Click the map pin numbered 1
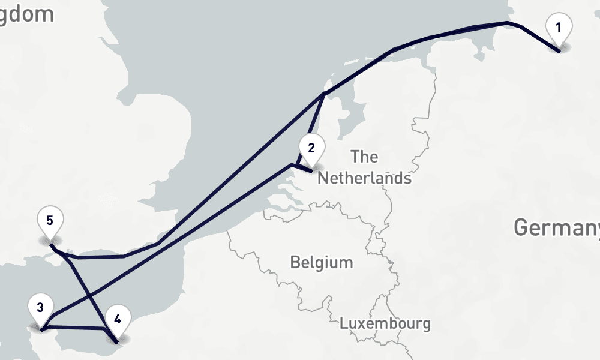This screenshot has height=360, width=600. click(559, 29)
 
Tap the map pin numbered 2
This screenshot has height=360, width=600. click(311, 149)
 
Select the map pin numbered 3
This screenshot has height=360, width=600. click(40, 310)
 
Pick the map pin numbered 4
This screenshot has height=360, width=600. click(117, 320)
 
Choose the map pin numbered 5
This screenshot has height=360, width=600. click(50, 221)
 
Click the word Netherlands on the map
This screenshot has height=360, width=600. click(364, 178)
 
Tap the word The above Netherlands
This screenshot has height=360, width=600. click(365, 157)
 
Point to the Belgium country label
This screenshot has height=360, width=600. click(321, 262)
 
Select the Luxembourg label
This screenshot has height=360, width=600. click(385, 323)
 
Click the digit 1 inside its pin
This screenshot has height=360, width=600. click(559, 27)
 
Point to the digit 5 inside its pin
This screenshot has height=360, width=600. click(50, 220)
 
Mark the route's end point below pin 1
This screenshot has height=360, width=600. click(559, 52)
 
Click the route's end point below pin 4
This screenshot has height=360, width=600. click(116, 343)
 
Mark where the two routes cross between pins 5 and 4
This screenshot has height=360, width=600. click(92, 294)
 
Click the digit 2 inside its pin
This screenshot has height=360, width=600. click(311, 148)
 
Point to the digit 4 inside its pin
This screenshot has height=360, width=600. click(117, 318)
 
